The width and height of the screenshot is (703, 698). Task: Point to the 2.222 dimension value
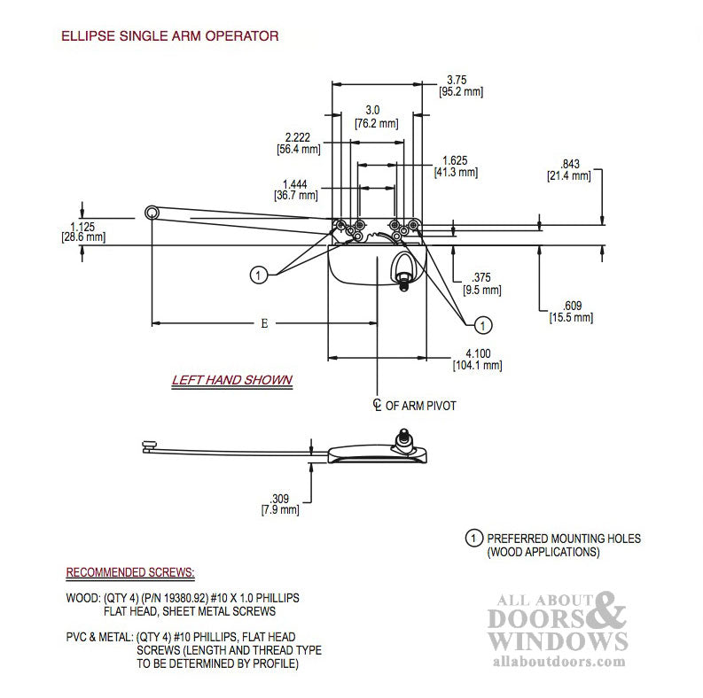pos(297,137)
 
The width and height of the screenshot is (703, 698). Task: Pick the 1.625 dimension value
pos(455,160)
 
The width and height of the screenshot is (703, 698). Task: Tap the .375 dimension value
pos(480,275)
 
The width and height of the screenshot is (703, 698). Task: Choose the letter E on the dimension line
pos(264,323)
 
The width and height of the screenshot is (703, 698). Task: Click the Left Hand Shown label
pos(231,380)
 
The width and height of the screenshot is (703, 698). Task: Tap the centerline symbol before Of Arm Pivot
pos(377,405)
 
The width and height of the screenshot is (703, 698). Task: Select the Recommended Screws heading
pos(130,571)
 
